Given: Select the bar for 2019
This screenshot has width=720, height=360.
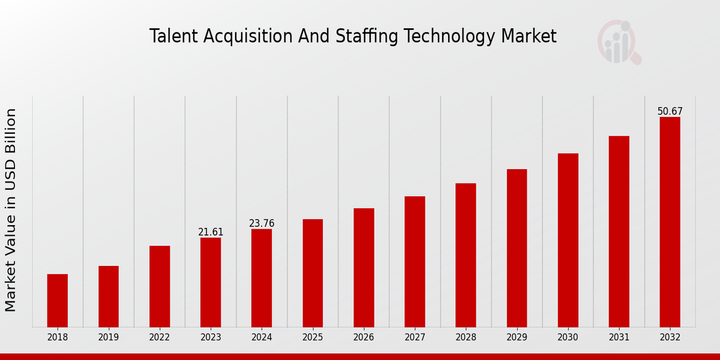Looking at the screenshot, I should tap(109, 296).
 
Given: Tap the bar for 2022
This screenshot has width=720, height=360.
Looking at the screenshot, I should tap(160, 286).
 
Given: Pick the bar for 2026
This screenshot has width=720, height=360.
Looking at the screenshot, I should tap(364, 268).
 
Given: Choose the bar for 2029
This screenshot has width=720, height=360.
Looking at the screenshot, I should tap(517, 248).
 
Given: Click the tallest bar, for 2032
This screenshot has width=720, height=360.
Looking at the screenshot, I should tap(670, 222).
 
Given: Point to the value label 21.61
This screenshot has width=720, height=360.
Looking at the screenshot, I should tap(211, 232).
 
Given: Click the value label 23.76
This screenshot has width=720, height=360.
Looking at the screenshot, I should tap(262, 223).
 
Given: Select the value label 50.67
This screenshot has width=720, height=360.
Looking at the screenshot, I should tap(670, 111).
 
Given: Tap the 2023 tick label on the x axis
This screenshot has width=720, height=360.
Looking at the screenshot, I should tap(211, 337).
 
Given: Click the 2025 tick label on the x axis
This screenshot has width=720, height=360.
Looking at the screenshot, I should tap(313, 337).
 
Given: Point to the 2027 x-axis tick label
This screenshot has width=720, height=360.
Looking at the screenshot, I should tap(415, 337).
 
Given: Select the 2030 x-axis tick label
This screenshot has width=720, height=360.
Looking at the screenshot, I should tap(568, 337).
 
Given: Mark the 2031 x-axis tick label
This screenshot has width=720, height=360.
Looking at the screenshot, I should tap(619, 337).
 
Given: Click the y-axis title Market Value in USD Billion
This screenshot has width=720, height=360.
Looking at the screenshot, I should tap(11, 210).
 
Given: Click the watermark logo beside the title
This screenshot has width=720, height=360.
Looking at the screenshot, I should tap(619, 42).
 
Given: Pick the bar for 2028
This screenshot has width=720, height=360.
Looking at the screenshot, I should tap(466, 255).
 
